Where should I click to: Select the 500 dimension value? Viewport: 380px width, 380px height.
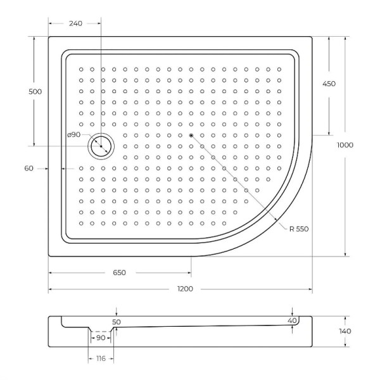click(35, 91)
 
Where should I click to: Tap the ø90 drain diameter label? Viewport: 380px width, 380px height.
click(73, 135)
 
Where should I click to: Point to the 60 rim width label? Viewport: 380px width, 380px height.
click(28, 168)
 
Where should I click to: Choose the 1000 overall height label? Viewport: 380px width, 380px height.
click(345, 145)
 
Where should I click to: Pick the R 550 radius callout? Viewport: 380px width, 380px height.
click(298, 229)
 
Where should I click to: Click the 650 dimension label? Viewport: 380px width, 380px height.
click(119, 273)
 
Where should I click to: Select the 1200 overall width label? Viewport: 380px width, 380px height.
click(184, 289)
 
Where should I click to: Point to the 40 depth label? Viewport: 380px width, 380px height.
click(291, 321)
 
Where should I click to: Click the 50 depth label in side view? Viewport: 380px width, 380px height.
click(116, 322)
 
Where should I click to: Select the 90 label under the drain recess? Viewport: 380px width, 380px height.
click(101, 338)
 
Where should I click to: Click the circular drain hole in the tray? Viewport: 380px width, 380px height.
click(100, 146)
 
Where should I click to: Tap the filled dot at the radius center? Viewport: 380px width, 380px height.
click(191, 135)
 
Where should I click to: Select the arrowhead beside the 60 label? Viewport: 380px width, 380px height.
click(46, 168)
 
